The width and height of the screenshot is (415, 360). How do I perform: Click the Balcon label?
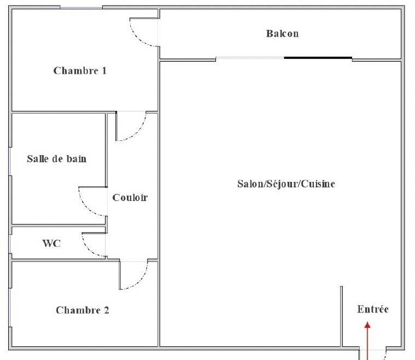coord(282,34)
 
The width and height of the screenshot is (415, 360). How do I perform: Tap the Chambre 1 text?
coord(80,70)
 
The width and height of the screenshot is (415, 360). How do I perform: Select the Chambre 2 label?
coord(83,310)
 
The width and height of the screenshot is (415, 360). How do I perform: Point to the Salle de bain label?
coord(57,159)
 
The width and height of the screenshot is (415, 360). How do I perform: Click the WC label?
coord(51,243)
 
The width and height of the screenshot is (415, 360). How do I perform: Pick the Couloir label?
coord(130,198)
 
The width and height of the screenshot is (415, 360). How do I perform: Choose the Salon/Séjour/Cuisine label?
coord(286,184)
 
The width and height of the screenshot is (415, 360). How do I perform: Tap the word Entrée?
coord(373,309)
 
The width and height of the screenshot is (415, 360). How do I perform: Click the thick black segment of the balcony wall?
coord(318,58)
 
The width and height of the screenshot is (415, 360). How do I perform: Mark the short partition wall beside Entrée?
coord(342,316)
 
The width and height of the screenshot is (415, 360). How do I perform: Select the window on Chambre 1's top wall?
coord(81,8)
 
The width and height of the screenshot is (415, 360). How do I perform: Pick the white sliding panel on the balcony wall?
coord(250,58)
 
